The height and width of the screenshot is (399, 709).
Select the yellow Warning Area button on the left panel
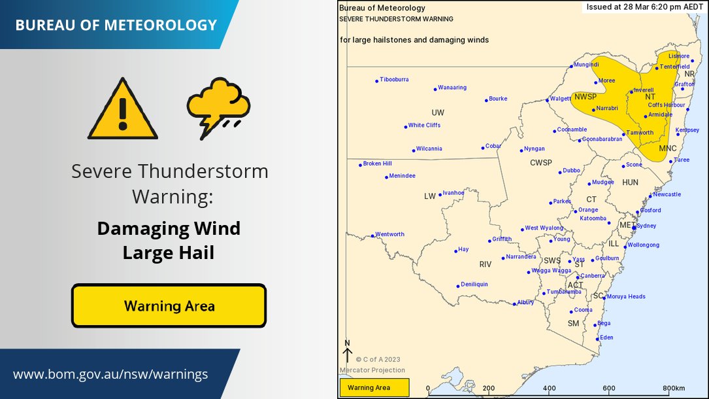point(169,305)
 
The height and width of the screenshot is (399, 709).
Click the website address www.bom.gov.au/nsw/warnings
point(110,375)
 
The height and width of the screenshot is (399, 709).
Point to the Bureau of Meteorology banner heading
point(116,25)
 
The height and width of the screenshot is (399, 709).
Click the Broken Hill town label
point(377,164)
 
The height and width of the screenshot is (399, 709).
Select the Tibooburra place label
point(394,80)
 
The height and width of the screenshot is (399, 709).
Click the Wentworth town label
point(390,234)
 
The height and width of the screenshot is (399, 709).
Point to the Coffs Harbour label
point(666,105)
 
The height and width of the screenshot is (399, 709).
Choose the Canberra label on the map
point(593,276)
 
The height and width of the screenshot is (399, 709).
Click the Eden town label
point(606,338)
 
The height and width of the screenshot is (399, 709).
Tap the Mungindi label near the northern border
point(586,65)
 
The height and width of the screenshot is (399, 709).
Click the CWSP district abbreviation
point(540,162)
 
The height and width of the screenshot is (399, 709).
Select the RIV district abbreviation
point(485,264)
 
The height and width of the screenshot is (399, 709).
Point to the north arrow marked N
point(348,351)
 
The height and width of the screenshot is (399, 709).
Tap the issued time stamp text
point(643,7)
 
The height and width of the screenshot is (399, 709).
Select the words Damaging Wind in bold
point(169,229)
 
